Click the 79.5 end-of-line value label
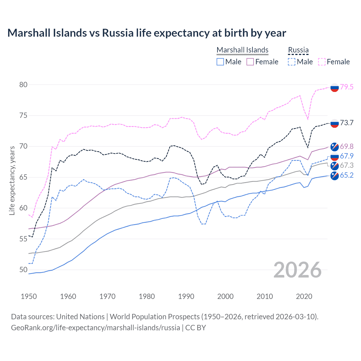pos(346,87)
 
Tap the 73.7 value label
pos(346,123)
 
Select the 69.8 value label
pos(346,146)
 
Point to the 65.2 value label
pos(346,175)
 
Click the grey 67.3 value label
pos(346,165)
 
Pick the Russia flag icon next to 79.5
pos(334,88)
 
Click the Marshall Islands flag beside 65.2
pos(334,176)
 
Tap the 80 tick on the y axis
pos(23,85)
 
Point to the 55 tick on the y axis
pos(23,239)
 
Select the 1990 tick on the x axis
pos(186,296)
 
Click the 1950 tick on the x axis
pos(29,296)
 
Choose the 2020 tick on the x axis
pos(304,296)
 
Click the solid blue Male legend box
pos(220,62)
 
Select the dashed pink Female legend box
pos(322,62)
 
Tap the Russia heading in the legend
pos(298,50)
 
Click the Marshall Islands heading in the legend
pos(242,50)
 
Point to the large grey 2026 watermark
pos(298,270)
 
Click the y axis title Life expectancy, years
pos(12,180)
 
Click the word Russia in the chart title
pos(118,33)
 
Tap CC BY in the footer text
pos(195,328)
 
